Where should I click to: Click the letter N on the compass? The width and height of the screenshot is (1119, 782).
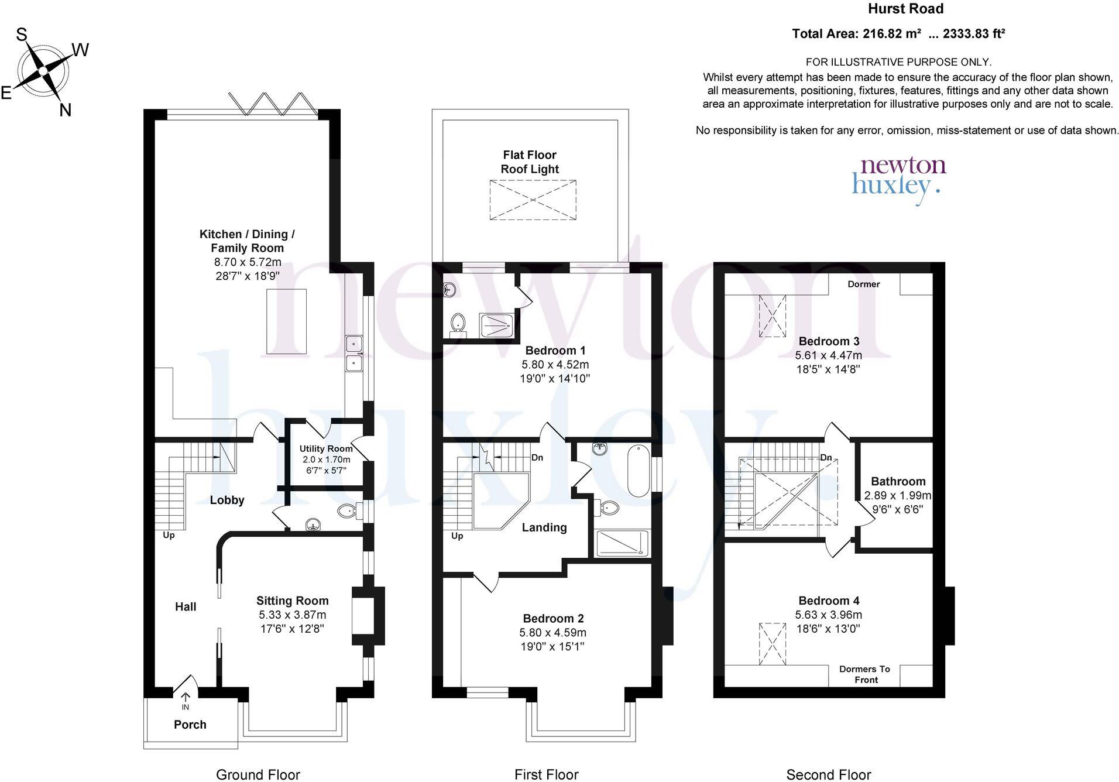click(x=65, y=109)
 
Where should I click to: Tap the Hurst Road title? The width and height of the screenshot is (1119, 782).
click(x=905, y=9)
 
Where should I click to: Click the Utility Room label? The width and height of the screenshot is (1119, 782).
click(x=326, y=448)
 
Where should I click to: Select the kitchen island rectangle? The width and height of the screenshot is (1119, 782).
click(x=286, y=321)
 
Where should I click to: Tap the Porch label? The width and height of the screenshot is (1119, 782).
click(x=190, y=725)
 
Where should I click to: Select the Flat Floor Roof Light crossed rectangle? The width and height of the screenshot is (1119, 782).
click(x=532, y=200)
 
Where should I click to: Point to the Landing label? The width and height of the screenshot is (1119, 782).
click(x=544, y=527)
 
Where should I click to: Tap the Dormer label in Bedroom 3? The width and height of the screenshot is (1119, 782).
click(x=863, y=284)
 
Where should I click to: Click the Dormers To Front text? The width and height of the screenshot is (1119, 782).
click(x=864, y=674)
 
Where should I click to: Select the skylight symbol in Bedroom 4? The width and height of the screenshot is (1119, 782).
click(x=772, y=644)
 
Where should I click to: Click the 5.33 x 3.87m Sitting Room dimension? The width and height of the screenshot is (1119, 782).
click(x=292, y=615)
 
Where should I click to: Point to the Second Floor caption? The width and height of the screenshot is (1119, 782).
click(x=828, y=775)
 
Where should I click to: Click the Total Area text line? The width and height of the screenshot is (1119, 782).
click(x=898, y=34)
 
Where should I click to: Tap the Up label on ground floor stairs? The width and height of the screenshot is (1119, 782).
click(x=169, y=535)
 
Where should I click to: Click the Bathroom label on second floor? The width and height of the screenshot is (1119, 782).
click(x=898, y=482)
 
